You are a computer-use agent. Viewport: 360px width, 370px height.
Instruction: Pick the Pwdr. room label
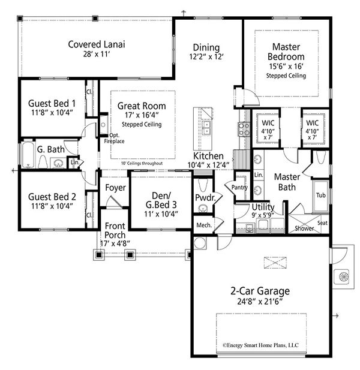204,198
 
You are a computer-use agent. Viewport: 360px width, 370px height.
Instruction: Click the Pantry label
240,188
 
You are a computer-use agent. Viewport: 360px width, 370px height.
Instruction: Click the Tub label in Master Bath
321,195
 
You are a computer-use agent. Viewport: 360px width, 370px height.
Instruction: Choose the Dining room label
206,47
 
